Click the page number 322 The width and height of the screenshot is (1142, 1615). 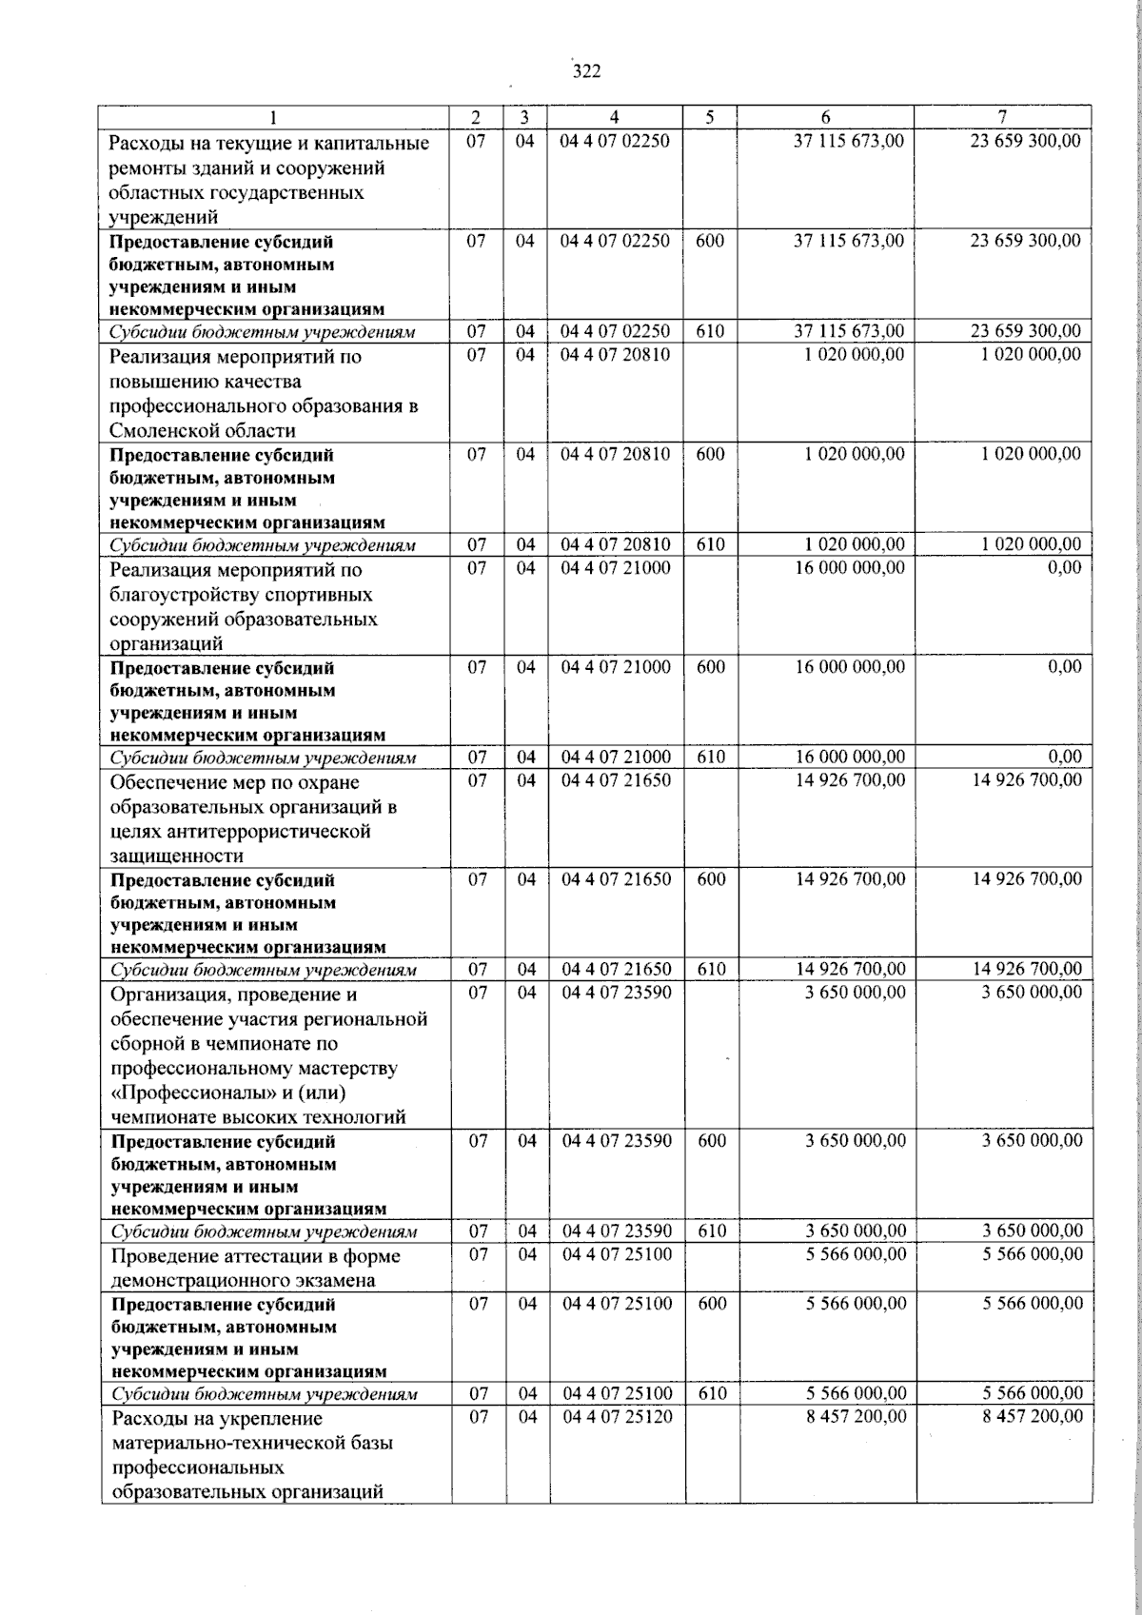pyautogui.click(x=586, y=71)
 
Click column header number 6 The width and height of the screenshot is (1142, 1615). pyautogui.click(x=825, y=117)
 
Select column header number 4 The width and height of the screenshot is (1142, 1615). pyautogui.click(x=615, y=117)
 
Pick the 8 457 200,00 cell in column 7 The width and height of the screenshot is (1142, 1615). pyautogui.click(x=1033, y=1417)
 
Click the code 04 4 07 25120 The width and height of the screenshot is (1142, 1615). pyautogui.click(x=617, y=1417)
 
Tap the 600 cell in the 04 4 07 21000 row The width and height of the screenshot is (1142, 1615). pyautogui.click(x=711, y=667)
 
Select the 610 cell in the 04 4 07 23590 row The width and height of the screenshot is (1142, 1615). pyautogui.click(x=712, y=1231)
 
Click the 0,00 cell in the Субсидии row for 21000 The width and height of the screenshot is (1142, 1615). pyautogui.click(x=1064, y=758)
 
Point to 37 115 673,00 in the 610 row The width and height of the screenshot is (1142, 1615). pyautogui.click(x=849, y=332)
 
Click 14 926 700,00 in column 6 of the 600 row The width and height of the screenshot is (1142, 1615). pyautogui.click(x=850, y=879)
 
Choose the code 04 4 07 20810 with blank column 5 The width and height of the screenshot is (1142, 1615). pyautogui.click(x=616, y=354)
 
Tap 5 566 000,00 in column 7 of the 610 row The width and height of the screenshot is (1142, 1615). pyautogui.click(x=1033, y=1393)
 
